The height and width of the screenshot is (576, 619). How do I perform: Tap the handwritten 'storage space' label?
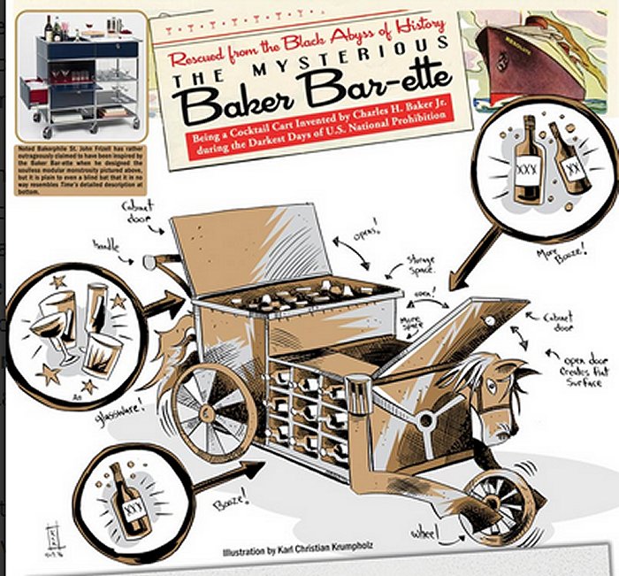421,265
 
